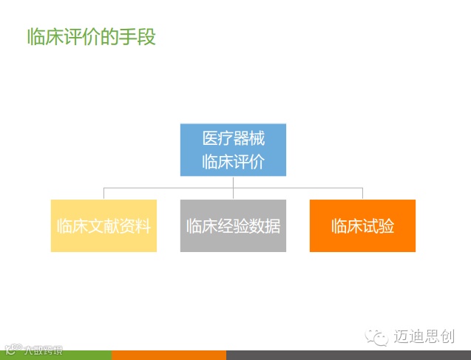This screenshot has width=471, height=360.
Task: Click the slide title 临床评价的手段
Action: pyautogui.click(x=91, y=36)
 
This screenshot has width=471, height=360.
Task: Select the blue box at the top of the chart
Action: pyautogui.click(x=233, y=150)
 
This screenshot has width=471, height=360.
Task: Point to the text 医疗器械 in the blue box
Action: pyautogui.click(x=233, y=138)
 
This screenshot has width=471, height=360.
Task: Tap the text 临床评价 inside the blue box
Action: pyautogui.click(x=233, y=162)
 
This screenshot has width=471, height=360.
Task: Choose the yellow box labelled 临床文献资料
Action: pyautogui.click(x=104, y=225)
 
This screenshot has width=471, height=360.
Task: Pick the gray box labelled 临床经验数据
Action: pyautogui.click(x=233, y=225)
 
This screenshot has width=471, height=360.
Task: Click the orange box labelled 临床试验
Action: pyautogui.click(x=362, y=225)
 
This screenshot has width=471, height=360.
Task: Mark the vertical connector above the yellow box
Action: pyautogui.click(x=104, y=194)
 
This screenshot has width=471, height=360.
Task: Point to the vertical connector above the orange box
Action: pyautogui.click(x=362, y=194)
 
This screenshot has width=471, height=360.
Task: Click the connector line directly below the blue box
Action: pyautogui.click(x=233, y=182)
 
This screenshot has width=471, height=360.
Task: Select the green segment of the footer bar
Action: pyautogui.click(x=55, y=356)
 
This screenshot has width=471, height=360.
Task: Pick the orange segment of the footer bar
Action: pyautogui.click(x=169, y=356)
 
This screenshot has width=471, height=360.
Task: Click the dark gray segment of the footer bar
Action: pyautogui.click(x=348, y=356)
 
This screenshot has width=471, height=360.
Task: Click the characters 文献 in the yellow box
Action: pyautogui.click(x=104, y=225)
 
